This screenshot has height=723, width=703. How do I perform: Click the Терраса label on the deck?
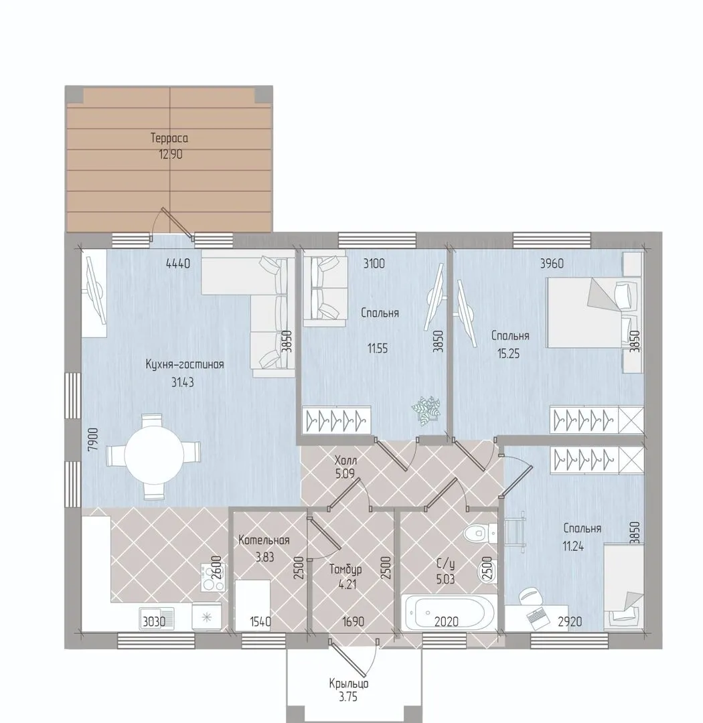169,138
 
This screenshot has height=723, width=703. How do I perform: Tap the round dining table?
155,457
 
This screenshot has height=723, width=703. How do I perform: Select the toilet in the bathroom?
480,534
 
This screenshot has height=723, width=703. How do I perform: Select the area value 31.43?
183,382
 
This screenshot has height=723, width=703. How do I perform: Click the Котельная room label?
264,540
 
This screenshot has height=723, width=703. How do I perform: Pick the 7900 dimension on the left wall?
92,439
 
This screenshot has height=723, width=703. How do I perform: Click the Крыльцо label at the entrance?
349,684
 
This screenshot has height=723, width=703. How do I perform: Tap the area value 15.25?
508,353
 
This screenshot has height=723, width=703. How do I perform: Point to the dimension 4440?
178,264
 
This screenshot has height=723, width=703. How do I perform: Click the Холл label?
346,460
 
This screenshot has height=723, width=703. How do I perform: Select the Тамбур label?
345,570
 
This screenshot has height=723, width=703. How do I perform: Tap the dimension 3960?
552,264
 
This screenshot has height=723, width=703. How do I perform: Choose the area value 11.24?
573,547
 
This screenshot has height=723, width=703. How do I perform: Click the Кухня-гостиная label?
185,364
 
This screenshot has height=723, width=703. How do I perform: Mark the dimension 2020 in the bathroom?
447,621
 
